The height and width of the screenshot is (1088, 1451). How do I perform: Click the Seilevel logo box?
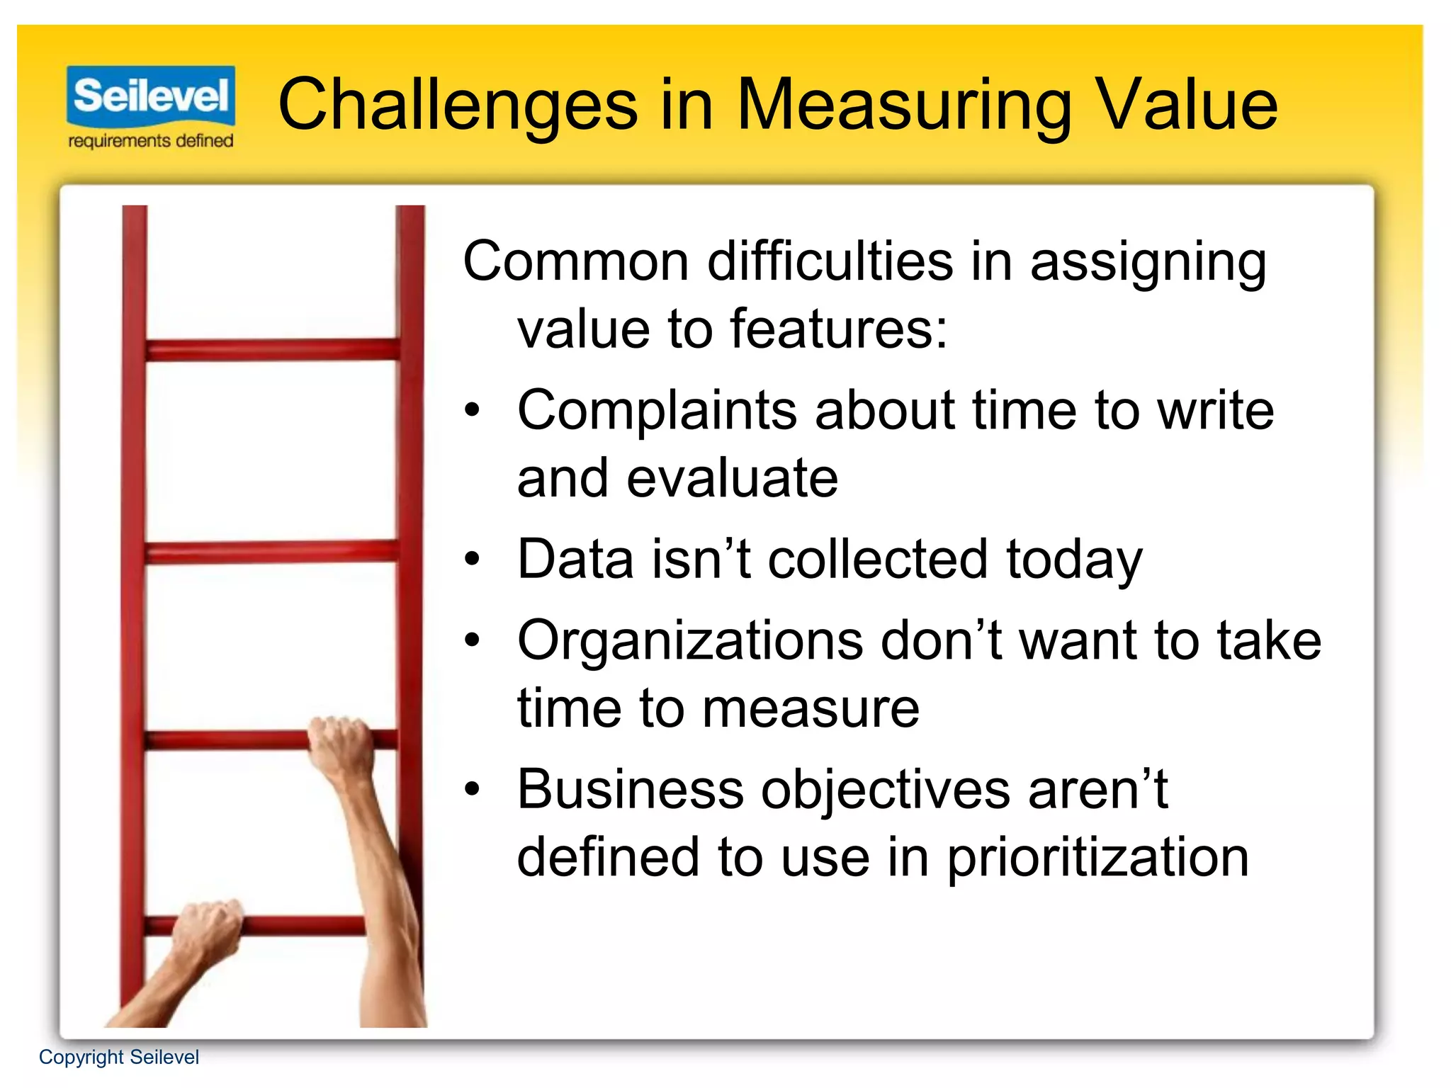click(151, 95)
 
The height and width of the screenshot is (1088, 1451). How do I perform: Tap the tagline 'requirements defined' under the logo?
click(151, 141)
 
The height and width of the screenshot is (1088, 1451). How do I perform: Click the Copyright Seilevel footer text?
click(119, 1057)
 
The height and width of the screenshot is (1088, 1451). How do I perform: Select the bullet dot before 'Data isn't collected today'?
click(472, 560)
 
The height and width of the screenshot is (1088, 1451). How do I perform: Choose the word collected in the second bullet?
click(878, 560)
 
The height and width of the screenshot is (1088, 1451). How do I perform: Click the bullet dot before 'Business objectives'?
click(472, 788)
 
